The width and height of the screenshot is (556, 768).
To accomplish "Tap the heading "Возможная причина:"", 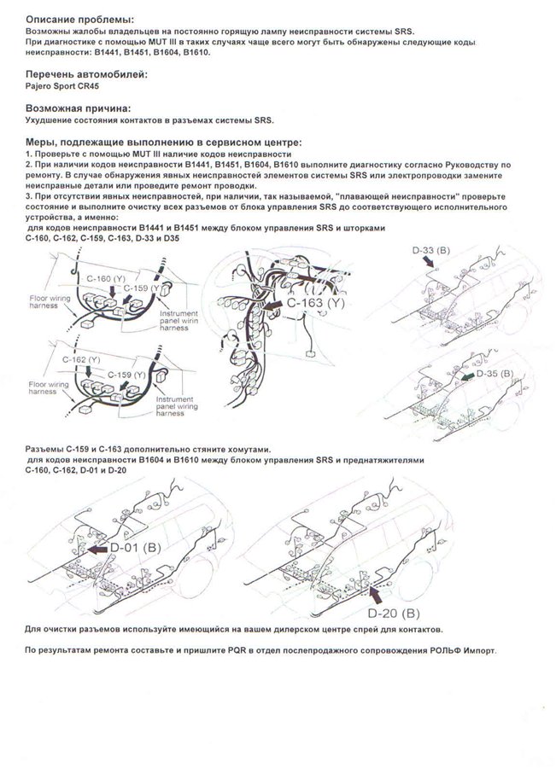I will click(x=78, y=109).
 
